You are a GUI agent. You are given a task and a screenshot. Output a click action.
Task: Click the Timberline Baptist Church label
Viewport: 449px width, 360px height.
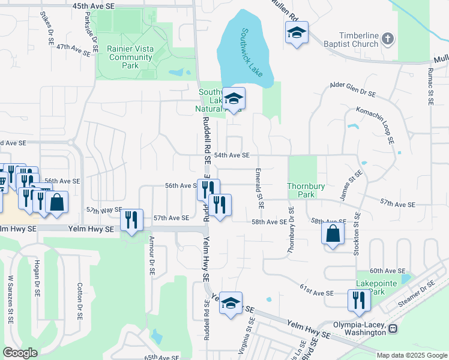click(349, 40)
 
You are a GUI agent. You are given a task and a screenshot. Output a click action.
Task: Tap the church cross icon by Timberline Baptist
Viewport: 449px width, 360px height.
click(388, 40)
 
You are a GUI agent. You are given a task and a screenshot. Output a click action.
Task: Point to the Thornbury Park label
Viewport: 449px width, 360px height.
click(301, 191)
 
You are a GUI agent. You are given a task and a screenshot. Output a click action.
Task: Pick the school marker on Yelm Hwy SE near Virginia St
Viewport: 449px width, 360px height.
click(231, 303)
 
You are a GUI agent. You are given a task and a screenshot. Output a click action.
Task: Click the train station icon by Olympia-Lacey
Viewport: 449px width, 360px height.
click(393, 329)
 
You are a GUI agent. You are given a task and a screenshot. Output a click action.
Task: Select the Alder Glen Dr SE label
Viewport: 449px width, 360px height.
click(352, 89)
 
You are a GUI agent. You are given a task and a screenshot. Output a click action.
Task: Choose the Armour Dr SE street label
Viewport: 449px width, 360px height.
click(151, 254)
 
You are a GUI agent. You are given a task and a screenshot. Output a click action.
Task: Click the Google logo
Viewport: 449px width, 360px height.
click(20, 353)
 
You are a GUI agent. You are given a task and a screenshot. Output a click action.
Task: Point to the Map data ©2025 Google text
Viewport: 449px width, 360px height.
click(411, 355)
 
